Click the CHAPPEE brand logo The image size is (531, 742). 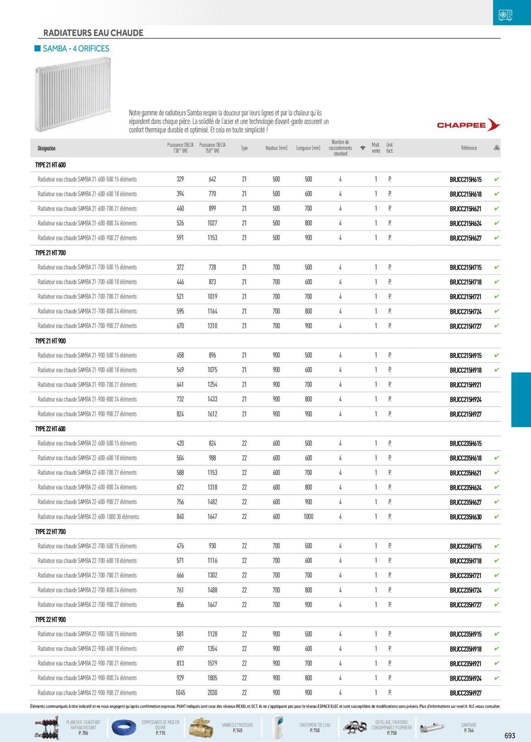[468, 125]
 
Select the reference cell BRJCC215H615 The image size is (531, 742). [465, 180]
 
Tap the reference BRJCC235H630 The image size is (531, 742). [465, 517]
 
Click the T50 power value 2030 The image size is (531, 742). [212, 693]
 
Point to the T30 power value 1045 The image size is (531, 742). [180, 693]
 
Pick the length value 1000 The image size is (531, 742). [308, 517]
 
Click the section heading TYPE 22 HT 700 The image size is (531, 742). [51, 532]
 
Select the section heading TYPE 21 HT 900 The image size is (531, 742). [51, 341]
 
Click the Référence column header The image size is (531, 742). [469, 148]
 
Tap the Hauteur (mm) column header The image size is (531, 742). [276, 148]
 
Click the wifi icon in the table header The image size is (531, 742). [363, 148]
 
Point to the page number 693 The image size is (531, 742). [510, 736]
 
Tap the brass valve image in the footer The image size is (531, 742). [201, 727]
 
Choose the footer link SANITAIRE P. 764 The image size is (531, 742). [469, 727]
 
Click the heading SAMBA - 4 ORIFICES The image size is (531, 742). [76, 49]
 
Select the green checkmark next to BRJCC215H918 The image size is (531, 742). [497, 370]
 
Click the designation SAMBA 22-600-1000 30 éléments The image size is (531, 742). [88, 517]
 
